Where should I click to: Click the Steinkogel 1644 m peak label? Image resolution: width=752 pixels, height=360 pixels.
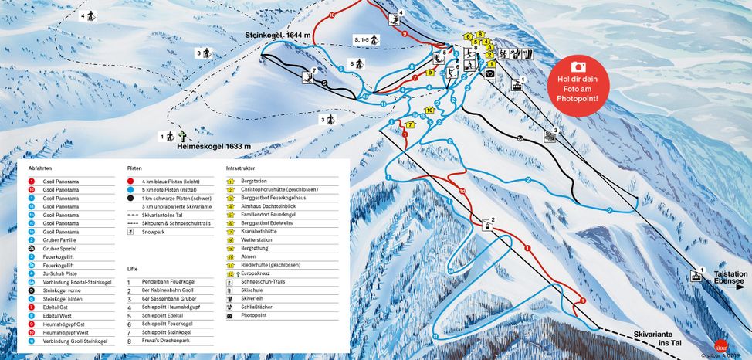tap(278, 36)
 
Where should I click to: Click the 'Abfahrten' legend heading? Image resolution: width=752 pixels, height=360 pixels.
tap(39, 167)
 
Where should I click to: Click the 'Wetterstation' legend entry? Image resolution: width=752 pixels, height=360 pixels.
tap(258, 239)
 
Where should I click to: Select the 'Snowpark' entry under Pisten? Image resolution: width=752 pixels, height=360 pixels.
tap(154, 230)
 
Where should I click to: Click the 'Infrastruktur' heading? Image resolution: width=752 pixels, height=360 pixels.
tap(239, 167)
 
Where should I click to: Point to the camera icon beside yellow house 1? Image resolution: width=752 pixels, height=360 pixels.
tap(489, 73)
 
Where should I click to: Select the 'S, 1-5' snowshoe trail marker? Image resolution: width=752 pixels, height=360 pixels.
tap(362, 39)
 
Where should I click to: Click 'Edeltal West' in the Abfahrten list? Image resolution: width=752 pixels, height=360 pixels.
tap(56, 315)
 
